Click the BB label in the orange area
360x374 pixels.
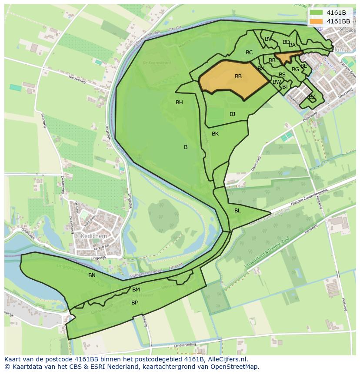tap(238, 76)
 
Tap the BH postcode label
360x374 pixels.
tap(179, 103)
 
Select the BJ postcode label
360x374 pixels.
tap(232, 114)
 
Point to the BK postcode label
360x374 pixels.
tap(215, 134)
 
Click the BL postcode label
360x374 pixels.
tap(237, 211)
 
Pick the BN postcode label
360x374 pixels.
tap(92, 275)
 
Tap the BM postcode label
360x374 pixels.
tap(136, 290)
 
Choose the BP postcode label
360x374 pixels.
tap(134, 303)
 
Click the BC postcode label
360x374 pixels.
tap(249, 53)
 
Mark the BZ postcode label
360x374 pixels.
tap(312, 97)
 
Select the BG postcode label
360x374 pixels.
tap(295, 70)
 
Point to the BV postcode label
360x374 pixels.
tap(268, 39)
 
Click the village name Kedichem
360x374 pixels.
tap(94, 235)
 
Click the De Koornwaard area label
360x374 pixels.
tap(157, 63)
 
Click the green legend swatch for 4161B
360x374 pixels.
tap(317, 13)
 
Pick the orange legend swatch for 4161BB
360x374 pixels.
tap(317, 21)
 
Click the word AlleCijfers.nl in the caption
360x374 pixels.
tap(227, 359)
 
